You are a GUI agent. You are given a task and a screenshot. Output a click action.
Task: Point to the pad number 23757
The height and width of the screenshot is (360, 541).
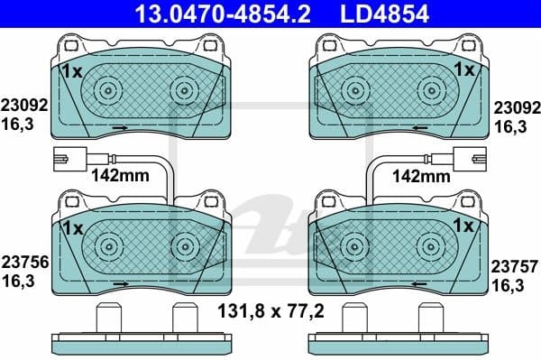click(515, 266)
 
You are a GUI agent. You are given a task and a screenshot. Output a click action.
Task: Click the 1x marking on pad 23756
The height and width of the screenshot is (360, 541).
click(72, 226)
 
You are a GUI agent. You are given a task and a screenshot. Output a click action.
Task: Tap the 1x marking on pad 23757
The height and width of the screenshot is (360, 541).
click(464, 226)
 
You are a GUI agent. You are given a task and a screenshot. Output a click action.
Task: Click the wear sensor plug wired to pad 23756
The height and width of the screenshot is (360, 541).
click(66, 155)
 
